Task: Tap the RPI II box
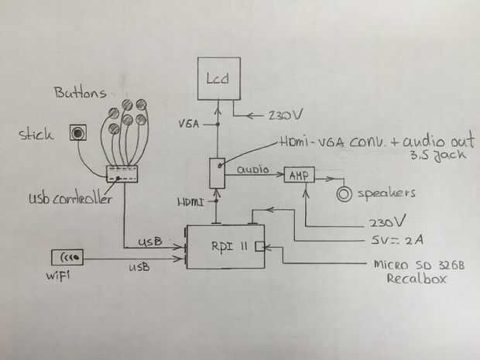pyautogui.click(x=227, y=247)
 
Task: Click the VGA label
pyautogui.click(x=189, y=122)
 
